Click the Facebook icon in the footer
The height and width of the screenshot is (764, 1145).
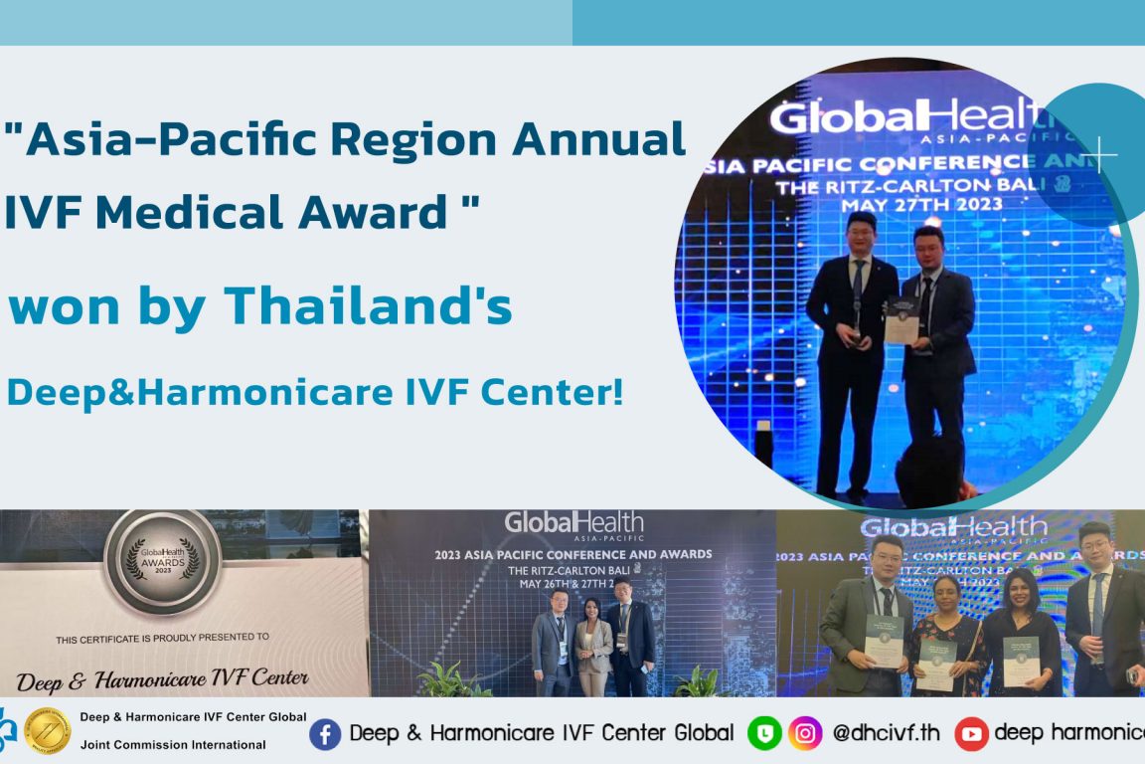(x=325, y=734)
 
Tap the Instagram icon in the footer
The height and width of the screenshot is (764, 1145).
(x=805, y=734)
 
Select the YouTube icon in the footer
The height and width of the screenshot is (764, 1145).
(x=971, y=734)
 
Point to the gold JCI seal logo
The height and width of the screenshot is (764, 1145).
(x=47, y=731)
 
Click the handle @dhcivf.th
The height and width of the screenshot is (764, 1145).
(x=887, y=734)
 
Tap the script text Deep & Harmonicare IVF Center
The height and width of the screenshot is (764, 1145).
(x=162, y=680)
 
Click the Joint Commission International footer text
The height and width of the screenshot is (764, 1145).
(x=173, y=744)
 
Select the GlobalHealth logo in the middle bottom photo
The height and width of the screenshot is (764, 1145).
(x=573, y=524)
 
